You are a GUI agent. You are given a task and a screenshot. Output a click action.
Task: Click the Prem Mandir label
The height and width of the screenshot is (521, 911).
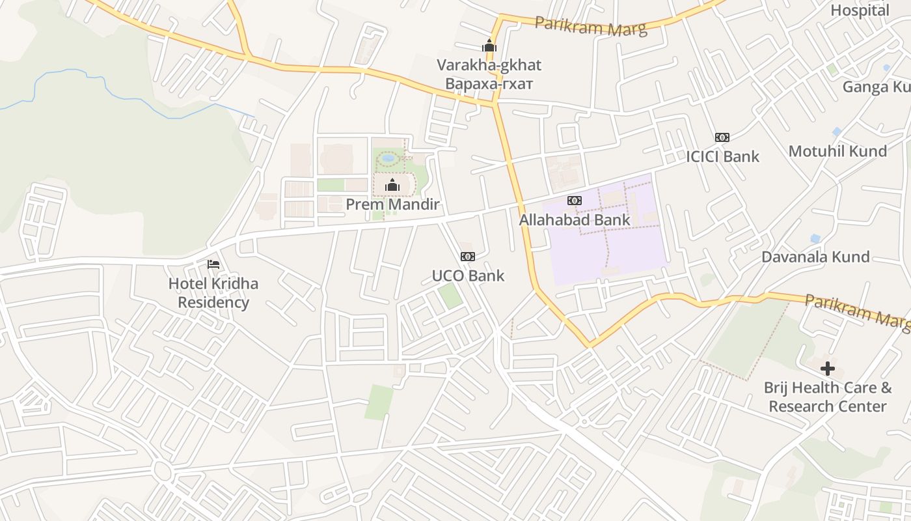click(392, 204)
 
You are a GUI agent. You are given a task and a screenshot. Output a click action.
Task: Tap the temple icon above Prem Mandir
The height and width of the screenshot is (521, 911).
click(392, 186)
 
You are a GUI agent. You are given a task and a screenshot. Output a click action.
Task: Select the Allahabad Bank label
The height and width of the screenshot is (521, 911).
click(575, 220)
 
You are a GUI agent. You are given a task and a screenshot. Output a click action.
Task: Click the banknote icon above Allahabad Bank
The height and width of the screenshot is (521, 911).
click(574, 201)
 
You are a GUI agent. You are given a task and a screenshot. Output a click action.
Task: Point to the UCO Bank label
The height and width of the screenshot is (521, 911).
click(468, 275)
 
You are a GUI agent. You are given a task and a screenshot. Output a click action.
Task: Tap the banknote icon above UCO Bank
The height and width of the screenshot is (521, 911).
click(467, 257)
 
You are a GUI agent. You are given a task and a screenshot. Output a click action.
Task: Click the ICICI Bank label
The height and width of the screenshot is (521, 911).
click(722, 156)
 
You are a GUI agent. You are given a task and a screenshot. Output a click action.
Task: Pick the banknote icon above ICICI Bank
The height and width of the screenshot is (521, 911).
click(722, 137)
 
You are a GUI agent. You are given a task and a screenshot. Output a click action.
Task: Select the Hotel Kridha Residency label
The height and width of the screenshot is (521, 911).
click(213, 293)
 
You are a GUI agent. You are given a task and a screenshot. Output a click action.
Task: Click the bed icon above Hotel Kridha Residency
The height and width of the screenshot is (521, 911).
click(213, 264)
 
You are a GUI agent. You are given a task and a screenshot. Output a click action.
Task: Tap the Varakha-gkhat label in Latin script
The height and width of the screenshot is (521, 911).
click(489, 65)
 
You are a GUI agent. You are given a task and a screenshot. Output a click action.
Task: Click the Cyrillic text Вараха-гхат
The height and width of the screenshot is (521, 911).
click(489, 84)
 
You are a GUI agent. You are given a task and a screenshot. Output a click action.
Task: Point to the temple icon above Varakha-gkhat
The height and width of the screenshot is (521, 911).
click(489, 46)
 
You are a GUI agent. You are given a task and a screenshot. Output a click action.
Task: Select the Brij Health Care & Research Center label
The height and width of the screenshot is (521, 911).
click(827, 397)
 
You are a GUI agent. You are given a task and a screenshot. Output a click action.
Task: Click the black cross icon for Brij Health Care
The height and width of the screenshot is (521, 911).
click(827, 369)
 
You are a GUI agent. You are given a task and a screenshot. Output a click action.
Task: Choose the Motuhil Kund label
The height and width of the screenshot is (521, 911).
click(837, 151)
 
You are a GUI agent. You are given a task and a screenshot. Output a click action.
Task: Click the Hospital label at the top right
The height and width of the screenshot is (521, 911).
click(860, 10)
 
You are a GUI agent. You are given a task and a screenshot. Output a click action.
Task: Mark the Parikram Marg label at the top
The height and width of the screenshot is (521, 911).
click(591, 26)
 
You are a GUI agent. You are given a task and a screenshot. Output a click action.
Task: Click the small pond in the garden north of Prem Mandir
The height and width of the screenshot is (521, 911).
click(388, 158)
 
